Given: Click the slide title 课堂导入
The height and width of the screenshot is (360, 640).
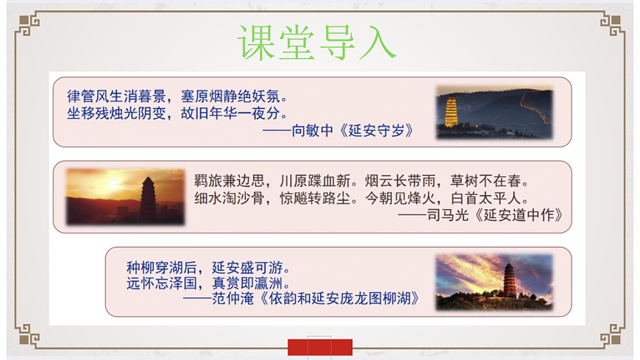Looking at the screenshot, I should [x=317, y=41].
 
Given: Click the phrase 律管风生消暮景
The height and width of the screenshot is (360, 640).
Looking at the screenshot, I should [x=114, y=96].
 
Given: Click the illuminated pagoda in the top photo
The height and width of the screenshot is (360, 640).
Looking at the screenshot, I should [x=451, y=113].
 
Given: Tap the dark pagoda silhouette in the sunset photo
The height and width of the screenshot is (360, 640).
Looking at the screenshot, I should [x=148, y=198].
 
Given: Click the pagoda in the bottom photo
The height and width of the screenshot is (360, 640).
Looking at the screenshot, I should [x=509, y=280].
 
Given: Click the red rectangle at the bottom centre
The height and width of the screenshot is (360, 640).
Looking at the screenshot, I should [x=319, y=347].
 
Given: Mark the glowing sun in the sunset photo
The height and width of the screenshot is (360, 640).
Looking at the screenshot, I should [x=113, y=182].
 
